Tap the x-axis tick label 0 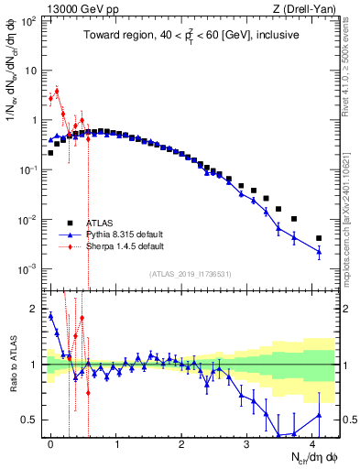point(50,443)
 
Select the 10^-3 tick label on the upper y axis point(27,269)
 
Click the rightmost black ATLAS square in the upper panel point(319,238)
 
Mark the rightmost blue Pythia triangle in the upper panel point(319,252)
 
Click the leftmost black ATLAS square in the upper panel point(50,153)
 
